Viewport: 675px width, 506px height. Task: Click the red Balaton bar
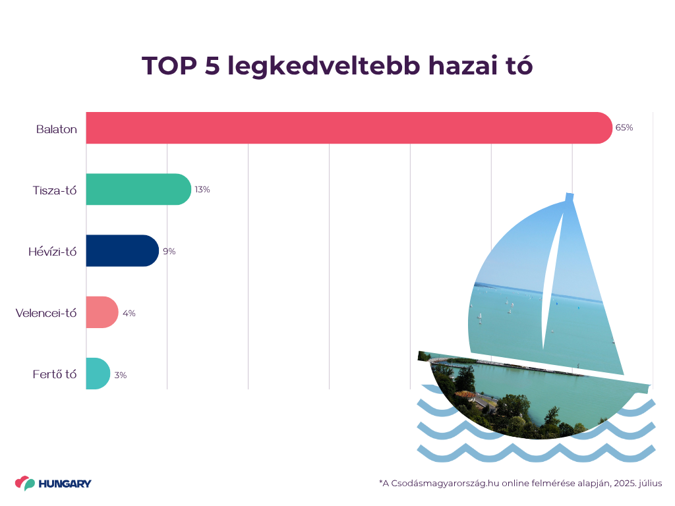pos(349,128)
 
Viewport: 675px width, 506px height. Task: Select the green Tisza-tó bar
pos(138,189)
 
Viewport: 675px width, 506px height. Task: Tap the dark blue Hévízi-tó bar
pos(123,251)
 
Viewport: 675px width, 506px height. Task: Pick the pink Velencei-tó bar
pos(102,312)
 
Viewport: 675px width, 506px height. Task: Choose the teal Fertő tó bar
pos(98,374)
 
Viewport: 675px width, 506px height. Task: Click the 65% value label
pos(624,128)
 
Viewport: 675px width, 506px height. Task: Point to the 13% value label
pos(202,190)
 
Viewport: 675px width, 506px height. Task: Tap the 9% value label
pos(169,251)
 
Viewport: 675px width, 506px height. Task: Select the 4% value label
pos(129,313)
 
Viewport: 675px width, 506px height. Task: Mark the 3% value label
pos(121,375)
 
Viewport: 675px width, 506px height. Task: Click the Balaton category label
pos(57,129)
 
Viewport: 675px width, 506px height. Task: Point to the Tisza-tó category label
pos(55,190)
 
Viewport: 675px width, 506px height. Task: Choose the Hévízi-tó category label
pos(53,252)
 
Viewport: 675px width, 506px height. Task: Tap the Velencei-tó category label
pos(46,313)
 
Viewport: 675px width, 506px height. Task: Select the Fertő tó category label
pos(55,374)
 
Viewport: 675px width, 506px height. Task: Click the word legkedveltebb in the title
pos(324,67)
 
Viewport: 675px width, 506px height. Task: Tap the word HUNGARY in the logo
pos(65,484)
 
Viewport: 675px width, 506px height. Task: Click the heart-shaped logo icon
pos(25,483)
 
